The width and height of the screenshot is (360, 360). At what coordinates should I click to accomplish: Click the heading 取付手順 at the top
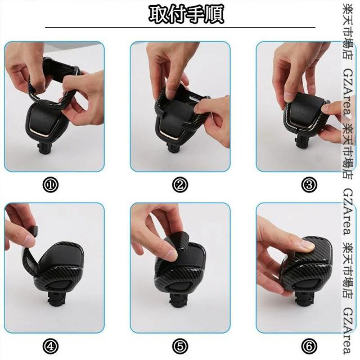coord(186,14)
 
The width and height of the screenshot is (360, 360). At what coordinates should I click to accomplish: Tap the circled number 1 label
coord(51,184)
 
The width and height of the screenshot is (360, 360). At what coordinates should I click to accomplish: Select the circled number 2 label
coord(180,184)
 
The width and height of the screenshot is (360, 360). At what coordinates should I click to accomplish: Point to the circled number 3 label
coord(309,184)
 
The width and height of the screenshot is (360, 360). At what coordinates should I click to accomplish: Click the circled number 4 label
coord(51,346)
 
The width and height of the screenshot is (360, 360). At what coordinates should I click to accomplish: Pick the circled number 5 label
coord(180,346)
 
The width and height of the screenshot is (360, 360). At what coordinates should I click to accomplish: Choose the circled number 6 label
coord(309,346)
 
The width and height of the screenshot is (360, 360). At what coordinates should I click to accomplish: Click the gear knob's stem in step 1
coord(46,147)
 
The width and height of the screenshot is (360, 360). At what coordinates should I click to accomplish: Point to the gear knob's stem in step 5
coord(178,300)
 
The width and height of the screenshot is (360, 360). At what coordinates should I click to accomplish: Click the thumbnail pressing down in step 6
coord(307,246)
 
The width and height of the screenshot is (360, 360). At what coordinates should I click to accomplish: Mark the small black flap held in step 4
coord(34,231)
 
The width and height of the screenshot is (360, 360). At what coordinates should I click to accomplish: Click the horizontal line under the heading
coord(180,27)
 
